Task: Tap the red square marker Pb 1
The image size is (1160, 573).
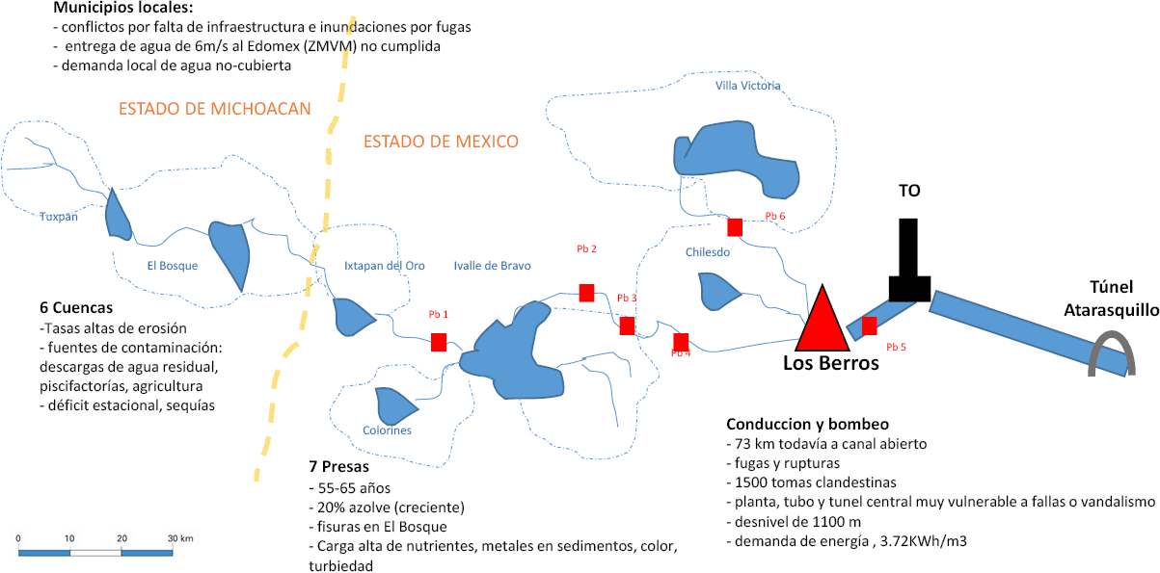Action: [439, 342]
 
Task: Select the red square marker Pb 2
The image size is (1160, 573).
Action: [586, 293]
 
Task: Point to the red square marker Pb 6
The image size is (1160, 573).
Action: [735, 227]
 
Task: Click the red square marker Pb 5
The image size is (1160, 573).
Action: [869, 326]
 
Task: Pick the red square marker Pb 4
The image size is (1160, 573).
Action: [681, 342]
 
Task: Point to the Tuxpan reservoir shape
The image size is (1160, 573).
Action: [118, 215]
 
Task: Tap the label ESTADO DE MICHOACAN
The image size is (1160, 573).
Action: [215, 109]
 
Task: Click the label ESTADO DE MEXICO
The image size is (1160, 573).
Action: [441, 142]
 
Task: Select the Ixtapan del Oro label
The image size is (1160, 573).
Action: [384, 266]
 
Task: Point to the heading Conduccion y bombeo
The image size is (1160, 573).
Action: [807, 424]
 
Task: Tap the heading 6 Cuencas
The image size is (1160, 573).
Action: [76, 308]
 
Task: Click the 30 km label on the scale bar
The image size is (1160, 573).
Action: [180, 537]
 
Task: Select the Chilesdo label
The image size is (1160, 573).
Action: [708, 252]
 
